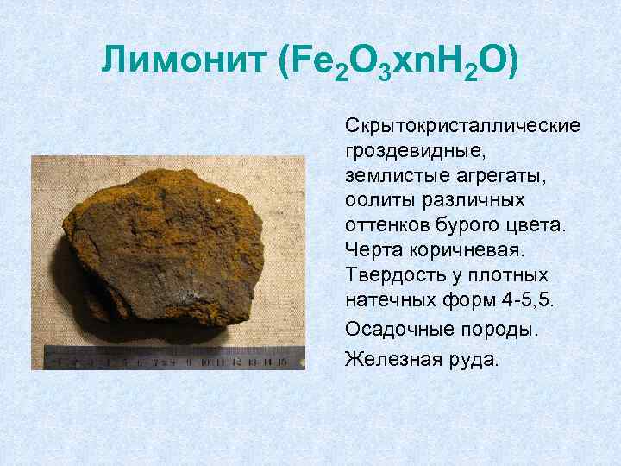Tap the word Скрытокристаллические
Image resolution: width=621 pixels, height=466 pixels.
[462, 126]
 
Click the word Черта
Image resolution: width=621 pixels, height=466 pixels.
[371, 251]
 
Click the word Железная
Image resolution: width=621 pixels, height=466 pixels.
[387, 357]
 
